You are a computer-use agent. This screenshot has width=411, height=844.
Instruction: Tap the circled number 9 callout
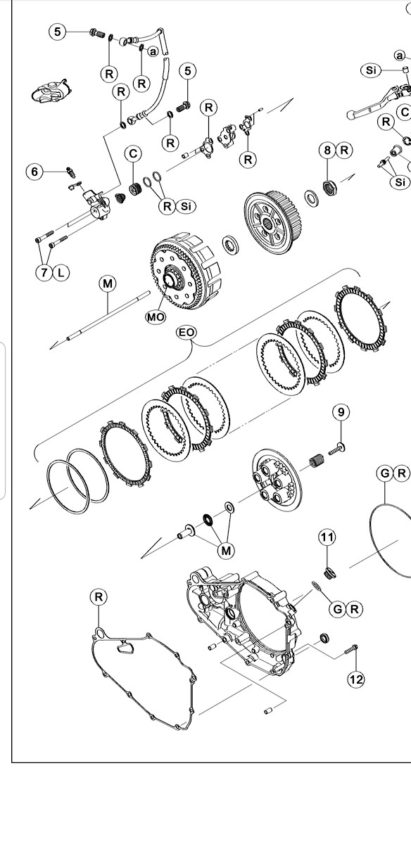341,411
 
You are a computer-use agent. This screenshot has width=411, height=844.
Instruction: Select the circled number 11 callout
327,538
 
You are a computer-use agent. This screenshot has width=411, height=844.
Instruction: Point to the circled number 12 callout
355,679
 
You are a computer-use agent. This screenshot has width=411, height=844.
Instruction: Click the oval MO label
156,317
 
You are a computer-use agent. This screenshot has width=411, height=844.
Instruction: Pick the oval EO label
186,332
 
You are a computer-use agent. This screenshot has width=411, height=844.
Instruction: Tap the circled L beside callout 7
61,272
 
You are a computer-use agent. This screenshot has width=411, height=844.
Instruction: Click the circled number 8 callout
327,150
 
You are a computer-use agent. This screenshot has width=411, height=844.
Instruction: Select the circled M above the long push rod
107,283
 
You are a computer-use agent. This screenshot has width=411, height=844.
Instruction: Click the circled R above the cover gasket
99,597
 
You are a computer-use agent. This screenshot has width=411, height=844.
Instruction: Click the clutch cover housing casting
246,619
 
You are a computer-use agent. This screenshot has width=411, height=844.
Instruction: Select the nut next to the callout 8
327,187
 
